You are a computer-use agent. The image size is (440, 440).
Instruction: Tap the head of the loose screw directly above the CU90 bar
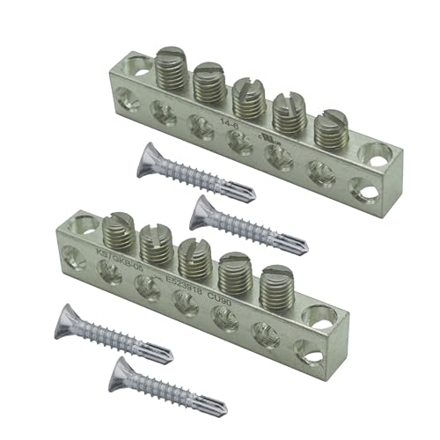click(204, 208)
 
